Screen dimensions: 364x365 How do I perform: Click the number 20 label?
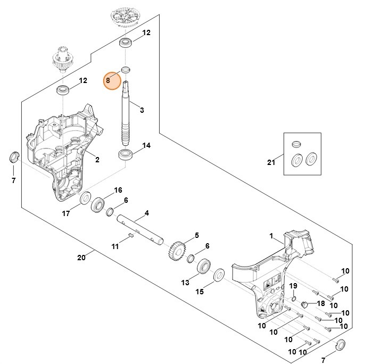81,258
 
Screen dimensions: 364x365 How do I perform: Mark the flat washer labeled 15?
218,276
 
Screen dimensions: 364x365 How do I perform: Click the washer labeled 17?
84,200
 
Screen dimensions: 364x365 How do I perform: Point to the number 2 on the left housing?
97,159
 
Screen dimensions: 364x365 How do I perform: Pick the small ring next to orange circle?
126,70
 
